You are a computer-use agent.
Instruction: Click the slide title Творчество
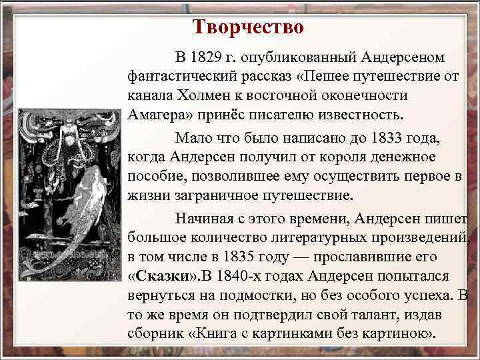point(248,27)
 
